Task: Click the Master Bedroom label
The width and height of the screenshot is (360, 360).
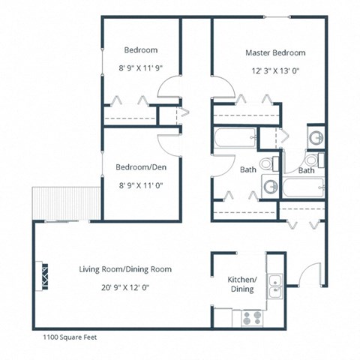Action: coord(275,53)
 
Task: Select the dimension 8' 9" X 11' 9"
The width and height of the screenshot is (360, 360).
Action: coord(140,67)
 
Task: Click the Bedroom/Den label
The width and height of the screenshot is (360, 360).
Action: coord(140,166)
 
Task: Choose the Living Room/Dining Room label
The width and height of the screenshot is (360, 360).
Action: coord(125,268)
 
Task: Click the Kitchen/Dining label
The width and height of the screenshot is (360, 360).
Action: coord(241,284)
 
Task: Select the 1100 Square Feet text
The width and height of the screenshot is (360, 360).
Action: coord(65,337)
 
